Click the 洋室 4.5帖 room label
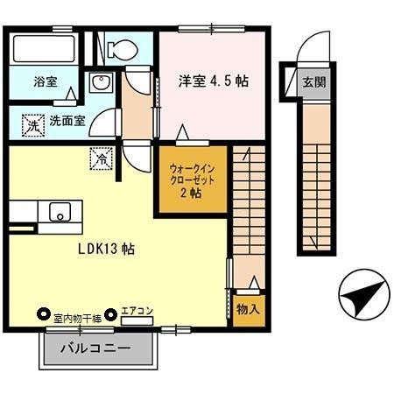pos(214,80)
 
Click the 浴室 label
pos(46,82)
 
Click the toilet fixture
pos(122,48)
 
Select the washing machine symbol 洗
pos(32,124)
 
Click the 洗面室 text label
pos(67,122)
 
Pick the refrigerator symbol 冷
pos(102,159)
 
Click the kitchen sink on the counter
pos(60,211)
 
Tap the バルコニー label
pos(95,348)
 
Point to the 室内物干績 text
pos(77,316)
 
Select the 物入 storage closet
pos(247,310)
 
